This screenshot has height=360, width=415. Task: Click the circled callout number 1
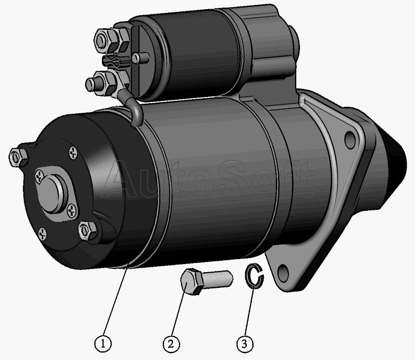pyautogui.click(x=103, y=343)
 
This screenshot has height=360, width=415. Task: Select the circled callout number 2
pyautogui.click(x=171, y=344)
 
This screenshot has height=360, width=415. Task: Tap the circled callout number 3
pyautogui.click(x=245, y=344)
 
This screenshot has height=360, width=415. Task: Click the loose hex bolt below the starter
pyautogui.click(x=206, y=281)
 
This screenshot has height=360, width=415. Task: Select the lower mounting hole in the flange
pyautogui.click(x=283, y=272)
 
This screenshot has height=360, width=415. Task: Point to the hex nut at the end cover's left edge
pyautogui.click(x=18, y=157)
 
